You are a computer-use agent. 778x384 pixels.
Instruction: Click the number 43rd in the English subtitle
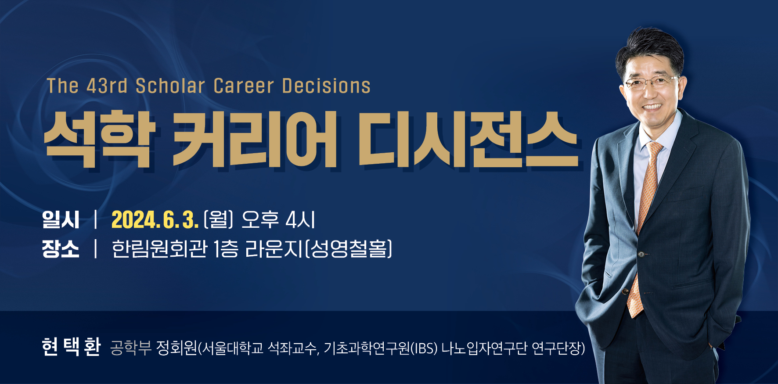tap(107, 86)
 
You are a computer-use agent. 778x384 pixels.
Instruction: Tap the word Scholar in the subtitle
tap(170, 86)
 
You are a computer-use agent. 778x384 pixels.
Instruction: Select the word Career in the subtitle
tap(244, 86)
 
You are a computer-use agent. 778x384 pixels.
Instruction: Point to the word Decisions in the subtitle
tap(326, 86)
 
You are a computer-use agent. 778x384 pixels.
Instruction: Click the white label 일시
tap(61, 219)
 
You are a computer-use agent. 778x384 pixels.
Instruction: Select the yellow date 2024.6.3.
tap(155, 219)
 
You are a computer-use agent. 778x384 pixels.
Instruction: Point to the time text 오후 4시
tap(278, 219)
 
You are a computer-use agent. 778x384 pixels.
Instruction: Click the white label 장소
tap(61, 249)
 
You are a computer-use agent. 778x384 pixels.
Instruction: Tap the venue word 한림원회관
tap(159, 249)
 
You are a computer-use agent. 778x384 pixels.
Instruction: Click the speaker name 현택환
tap(71, 347)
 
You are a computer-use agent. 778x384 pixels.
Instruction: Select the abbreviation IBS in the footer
tap(424, 348)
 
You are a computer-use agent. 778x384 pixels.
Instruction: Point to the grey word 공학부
tap(130, 348)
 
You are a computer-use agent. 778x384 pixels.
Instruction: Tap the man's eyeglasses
tap(651, 83)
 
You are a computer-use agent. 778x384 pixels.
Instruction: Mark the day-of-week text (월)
tap(218, 219)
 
